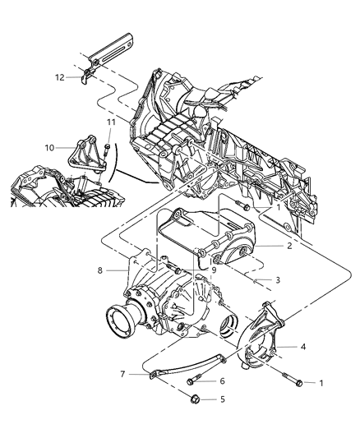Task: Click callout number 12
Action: pos(60,79)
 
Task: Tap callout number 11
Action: pos(110,122)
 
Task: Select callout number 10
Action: pos(49,148)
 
